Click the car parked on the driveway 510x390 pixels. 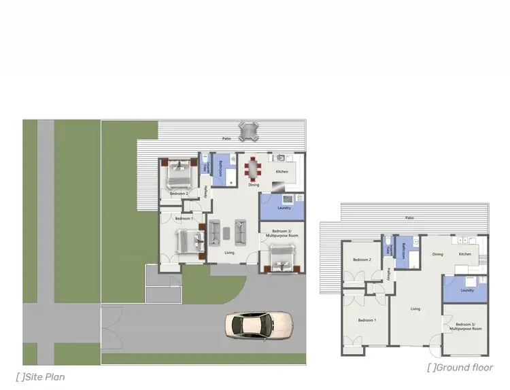pos(259,325)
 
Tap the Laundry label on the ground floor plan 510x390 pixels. pos(466,290)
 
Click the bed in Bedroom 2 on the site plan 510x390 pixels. pos(178,174)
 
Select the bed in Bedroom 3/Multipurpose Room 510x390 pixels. pos(279,258)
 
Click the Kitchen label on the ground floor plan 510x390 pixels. pos(464,254)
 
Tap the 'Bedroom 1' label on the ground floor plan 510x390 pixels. pos(368,319)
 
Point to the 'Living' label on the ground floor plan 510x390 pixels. pos(415,308)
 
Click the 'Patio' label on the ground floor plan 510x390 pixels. pos(409,217)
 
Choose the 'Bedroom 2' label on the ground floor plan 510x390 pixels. pos(361,260)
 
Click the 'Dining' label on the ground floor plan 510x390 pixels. pos(438,254)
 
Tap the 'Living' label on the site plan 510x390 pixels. pos(230,253)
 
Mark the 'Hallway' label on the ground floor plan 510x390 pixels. pos(390,274)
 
